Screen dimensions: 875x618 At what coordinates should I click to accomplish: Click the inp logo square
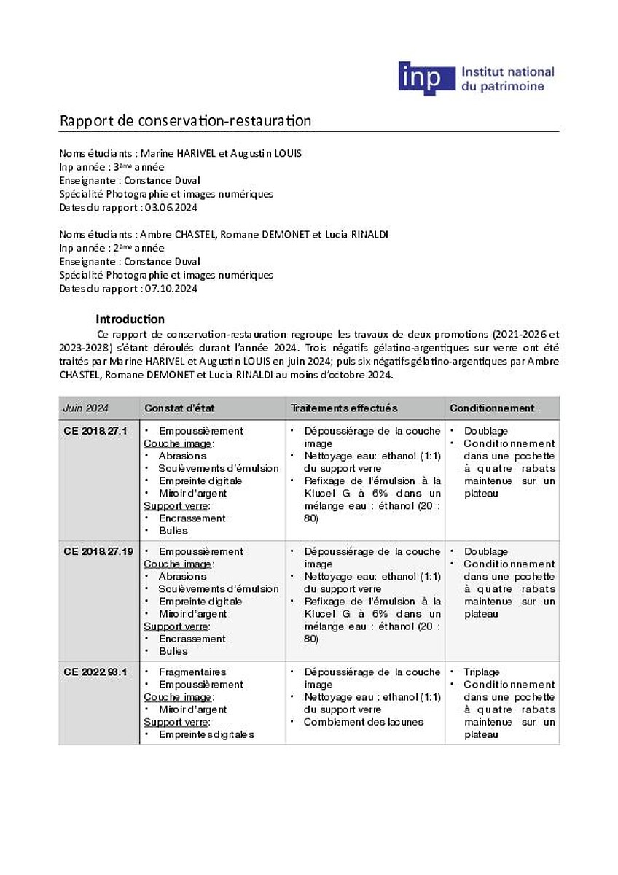[425, 79]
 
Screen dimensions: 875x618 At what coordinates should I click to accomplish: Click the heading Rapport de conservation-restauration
[185, 120]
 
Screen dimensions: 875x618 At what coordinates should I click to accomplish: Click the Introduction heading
[130, 319]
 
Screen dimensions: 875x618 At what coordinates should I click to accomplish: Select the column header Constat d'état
[179, 408]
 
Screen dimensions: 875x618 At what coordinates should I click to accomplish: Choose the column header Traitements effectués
[344, 408]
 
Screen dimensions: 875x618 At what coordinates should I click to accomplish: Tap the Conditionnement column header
[492, 408]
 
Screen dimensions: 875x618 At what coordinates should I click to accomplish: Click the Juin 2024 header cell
[85, 408]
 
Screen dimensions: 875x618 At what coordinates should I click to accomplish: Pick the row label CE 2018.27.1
[95, 431]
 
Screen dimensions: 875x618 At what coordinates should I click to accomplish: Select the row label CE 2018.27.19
[98, 551]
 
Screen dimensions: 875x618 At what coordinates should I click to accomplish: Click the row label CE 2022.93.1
[95, 672]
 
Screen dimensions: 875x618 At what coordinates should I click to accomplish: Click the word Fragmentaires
[192, 672]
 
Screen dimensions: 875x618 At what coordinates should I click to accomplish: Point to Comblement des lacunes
[363, 722]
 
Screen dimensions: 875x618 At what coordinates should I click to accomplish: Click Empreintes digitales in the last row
[206, 734]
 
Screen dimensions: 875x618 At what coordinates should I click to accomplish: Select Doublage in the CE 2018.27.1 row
[485, 431]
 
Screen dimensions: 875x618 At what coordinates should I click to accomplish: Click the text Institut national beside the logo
[507, 71]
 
